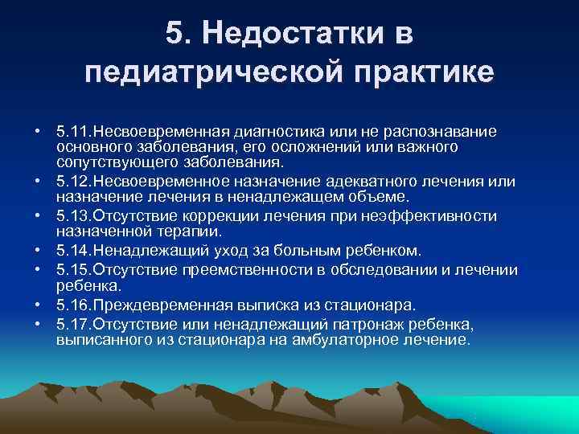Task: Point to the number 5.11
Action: point(75,130)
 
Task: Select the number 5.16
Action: point(75,304)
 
